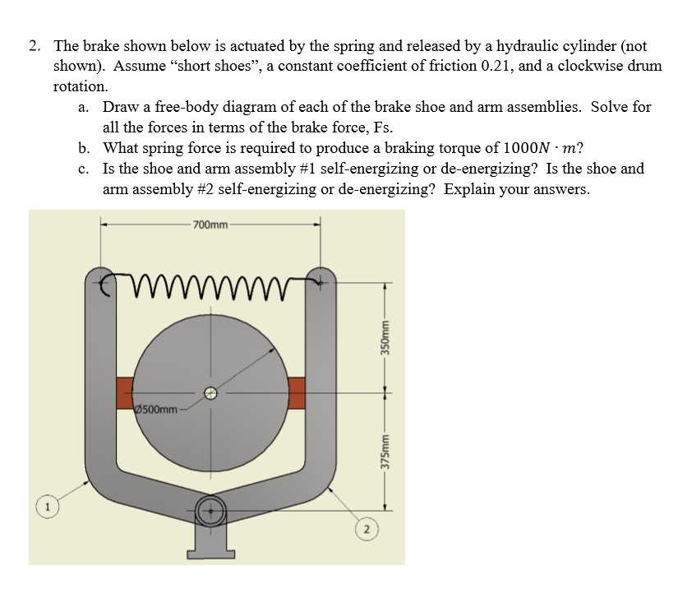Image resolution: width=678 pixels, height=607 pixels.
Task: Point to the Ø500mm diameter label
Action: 156,409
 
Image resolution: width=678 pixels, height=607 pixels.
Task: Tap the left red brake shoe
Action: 125,392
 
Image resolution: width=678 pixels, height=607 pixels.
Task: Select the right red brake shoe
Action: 296,392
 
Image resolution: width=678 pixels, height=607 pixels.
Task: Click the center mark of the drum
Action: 211,393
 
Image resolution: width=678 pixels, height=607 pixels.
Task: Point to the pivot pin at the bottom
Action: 211,510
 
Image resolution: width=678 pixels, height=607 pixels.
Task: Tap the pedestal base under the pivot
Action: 211,544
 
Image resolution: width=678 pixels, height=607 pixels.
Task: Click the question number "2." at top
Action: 35,47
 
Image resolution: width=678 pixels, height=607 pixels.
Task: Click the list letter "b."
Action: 85,149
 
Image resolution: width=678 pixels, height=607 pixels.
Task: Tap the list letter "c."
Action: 85,169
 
